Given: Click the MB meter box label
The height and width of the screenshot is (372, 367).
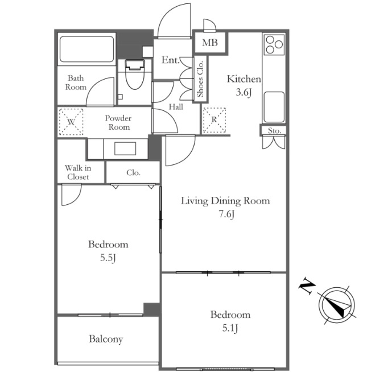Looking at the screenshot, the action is tap(210, 43).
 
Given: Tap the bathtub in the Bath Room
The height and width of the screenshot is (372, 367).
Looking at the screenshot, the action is tap(87, 49).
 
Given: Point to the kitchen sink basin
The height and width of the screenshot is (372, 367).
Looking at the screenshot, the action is tap(274, 107).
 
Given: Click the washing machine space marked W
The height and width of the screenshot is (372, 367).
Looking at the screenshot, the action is tap(71, 122).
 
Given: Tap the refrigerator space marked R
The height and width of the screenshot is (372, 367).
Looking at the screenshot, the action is tap(215, 120).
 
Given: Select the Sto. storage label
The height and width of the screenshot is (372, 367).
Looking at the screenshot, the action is tap(274, 130).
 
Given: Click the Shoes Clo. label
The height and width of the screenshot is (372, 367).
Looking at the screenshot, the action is tap(200, 79).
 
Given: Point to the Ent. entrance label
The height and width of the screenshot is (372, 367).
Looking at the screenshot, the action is tap(170, 60).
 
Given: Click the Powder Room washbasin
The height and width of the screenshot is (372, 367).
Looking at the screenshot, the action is tap(125, 148).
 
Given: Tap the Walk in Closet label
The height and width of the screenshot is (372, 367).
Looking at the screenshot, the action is tap(78, 172).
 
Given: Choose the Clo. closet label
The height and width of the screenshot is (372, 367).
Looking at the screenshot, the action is tap(133, 172).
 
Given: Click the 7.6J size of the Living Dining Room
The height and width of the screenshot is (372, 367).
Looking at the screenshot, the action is tap(226, 214).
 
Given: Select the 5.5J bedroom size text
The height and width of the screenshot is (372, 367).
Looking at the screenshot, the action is tap(108, 258).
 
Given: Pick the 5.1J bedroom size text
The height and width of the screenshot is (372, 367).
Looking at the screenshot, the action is tap(230, 328).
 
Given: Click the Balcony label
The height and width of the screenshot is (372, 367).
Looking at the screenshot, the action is tap(106, 339).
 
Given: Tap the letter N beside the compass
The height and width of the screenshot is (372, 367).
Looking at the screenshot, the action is tap(307, 286).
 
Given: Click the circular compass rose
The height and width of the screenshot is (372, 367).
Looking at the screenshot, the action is tap(337, 305).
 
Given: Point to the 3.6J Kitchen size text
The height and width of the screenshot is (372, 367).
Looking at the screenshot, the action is tap(244, 92).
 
